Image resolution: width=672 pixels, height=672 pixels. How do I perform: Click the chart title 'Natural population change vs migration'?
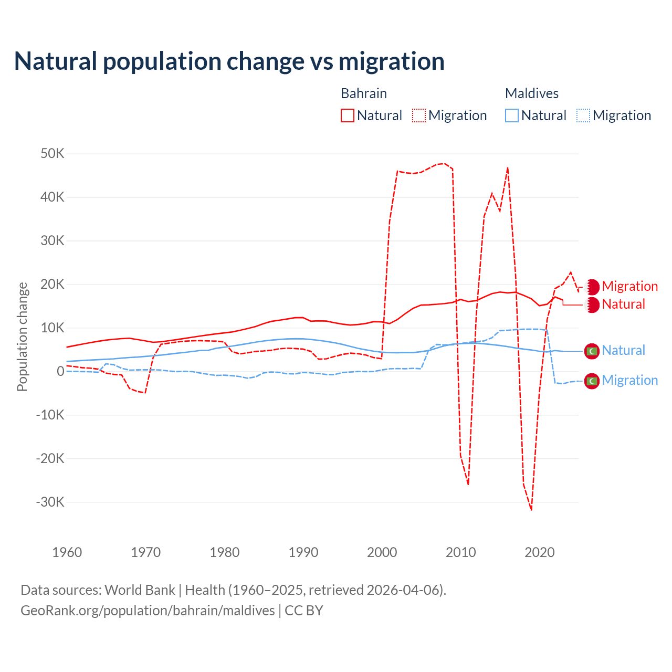(x=229, y=61)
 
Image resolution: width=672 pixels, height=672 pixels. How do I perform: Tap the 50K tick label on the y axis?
(x=52, y=154)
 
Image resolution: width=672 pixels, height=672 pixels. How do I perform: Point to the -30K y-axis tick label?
(x=50, y=502)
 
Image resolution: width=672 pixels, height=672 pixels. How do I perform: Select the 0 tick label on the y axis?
(x=60, y=371)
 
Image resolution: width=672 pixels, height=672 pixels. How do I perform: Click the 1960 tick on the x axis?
(x=67, y=552)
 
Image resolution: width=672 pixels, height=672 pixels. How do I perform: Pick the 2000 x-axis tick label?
(x=382, y=552)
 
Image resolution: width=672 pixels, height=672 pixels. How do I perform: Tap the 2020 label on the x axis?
(x=540, y=552)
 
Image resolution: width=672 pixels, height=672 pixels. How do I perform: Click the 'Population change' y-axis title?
(x=22, y=337)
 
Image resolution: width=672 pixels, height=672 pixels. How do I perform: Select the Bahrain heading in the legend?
(x=364, y=93)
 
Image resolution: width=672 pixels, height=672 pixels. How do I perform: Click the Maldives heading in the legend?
(x=532, y=93)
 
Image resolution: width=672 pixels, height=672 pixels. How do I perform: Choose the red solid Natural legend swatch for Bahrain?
(x=348, y=115)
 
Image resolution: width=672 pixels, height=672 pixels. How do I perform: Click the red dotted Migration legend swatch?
(x=419, y=115)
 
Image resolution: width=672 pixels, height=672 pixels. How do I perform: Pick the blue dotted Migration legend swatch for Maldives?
(x=583, y=115)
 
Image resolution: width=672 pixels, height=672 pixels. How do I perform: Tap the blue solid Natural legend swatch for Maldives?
(x=512, y=115)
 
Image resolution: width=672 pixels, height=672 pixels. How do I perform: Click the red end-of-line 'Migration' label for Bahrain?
(x=629, y=286)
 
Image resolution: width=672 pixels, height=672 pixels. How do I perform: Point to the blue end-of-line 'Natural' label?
(x=623, y=350)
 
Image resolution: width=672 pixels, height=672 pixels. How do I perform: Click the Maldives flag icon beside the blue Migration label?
(x=592, y=381)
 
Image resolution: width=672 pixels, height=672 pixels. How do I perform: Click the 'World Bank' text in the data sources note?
(x=140, y=590)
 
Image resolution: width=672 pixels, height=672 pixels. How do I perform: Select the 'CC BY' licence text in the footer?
(x=304, y=611)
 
